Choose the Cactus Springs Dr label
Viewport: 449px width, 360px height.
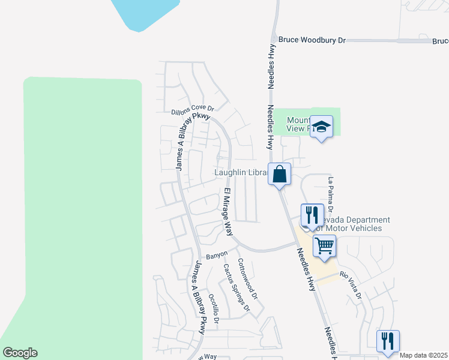236,287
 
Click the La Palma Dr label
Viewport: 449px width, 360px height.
330,192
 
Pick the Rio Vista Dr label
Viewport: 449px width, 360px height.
351,286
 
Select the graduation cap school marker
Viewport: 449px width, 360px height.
322,127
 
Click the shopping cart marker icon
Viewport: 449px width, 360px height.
324,245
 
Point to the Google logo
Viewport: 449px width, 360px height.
20,353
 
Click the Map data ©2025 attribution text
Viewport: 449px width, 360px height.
423,355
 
